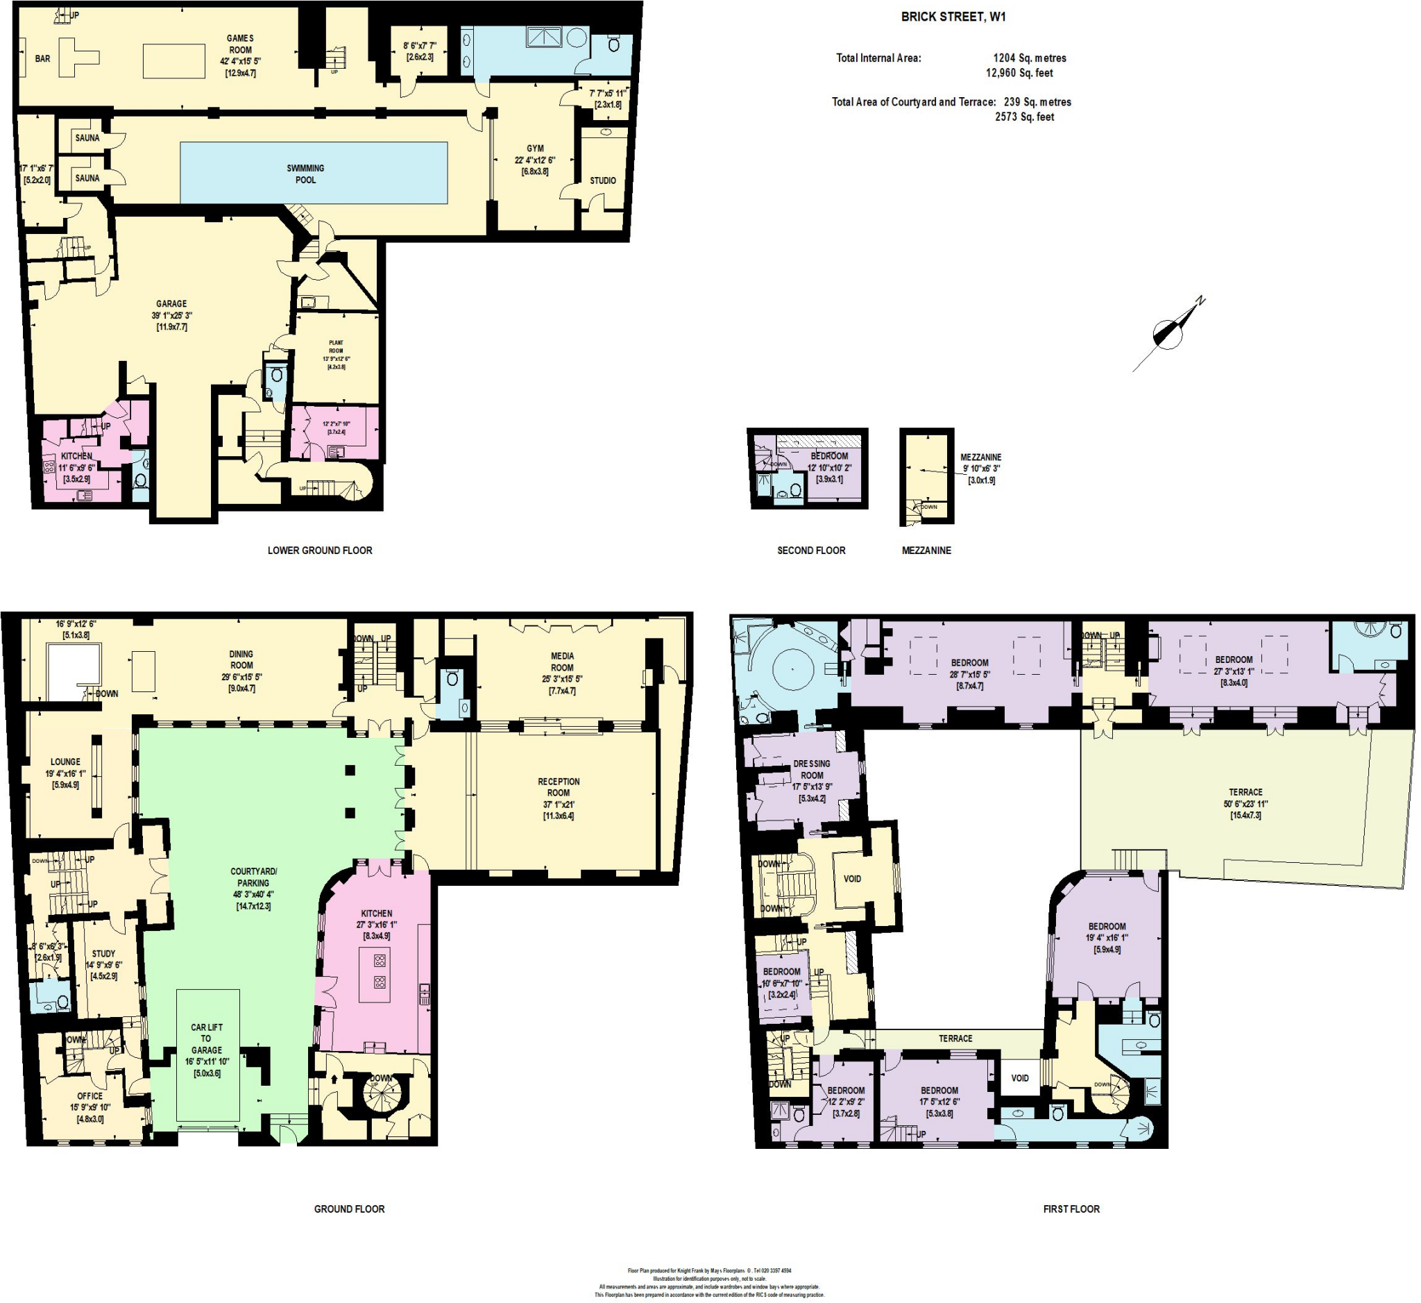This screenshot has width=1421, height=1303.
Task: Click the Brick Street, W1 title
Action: pos(953,17)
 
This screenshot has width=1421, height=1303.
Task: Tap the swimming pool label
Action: pos(305,174)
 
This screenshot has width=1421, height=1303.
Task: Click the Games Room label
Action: pos(240,44)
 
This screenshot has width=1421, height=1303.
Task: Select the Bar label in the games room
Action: pos(43,58)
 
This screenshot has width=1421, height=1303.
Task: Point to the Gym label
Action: pos(535,148)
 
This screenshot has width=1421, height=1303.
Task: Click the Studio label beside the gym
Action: pos(603,180)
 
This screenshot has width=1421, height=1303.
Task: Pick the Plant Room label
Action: pos(337,346)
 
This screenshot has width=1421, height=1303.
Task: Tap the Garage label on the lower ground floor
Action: pos(171,304)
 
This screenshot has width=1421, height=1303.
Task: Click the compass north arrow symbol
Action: pos(1168,333)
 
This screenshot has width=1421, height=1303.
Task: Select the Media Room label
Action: pos(562,662)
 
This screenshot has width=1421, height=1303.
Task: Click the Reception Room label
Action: pos(559,787)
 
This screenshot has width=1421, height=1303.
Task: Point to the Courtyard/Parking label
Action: pos(254,877)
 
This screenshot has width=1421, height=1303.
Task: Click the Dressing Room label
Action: pos(811,769)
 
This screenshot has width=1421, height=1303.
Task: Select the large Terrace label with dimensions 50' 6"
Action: pos(1245,792)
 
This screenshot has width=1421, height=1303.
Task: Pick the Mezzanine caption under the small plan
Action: pos(926,550)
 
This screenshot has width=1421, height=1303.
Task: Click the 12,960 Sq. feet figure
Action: pos(1019,73)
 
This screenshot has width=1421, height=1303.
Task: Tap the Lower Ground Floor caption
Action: pos(319,550)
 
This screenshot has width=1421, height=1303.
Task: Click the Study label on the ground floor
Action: pos(103,953)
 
